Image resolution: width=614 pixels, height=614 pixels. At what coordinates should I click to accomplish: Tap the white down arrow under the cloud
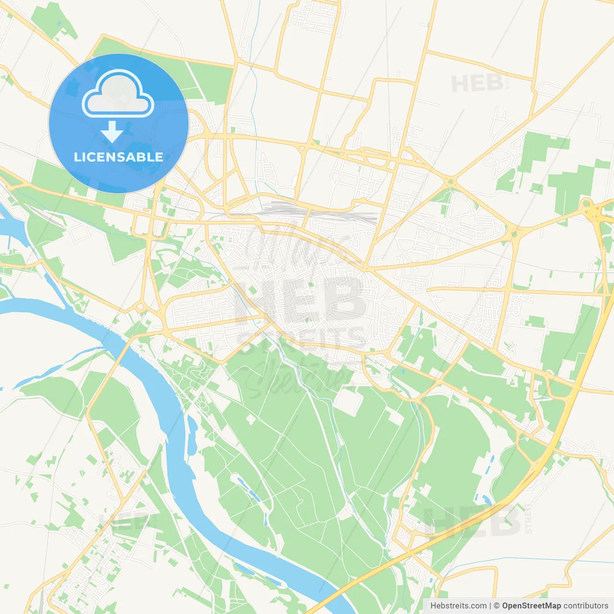112,132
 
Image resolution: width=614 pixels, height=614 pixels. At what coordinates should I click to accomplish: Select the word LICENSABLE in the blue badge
118,157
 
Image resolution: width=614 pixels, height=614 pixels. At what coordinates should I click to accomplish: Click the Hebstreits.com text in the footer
458,606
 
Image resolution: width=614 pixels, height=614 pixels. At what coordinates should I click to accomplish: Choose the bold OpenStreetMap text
531,606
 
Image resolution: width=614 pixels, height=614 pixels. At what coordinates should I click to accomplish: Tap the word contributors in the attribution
585,606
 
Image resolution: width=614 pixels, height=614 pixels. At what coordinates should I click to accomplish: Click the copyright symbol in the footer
496,606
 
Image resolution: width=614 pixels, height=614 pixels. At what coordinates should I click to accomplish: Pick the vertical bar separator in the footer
490,606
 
